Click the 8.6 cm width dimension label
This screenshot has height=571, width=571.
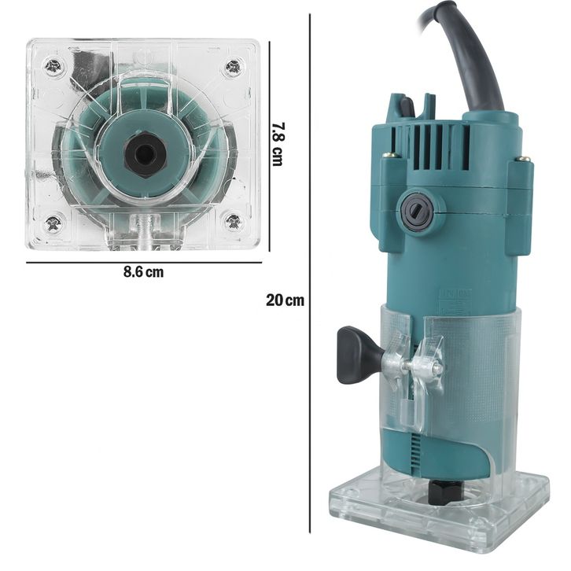(143, 272)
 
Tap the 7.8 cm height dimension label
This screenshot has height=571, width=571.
(278, 144)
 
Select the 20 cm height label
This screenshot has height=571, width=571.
(285, 300)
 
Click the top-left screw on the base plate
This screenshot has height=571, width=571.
(53, 66)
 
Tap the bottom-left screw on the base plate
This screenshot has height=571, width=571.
(53, 223)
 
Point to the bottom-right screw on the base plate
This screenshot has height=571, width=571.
(233, 222)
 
